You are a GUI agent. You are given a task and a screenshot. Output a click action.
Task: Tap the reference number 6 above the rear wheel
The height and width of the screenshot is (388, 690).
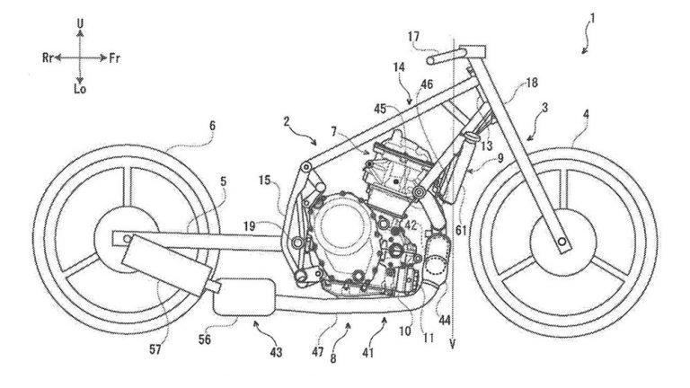coord(212,127)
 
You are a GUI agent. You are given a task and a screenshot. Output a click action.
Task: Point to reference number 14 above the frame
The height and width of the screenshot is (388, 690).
coord(399,66)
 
